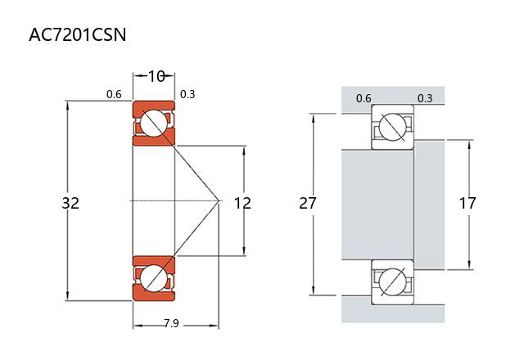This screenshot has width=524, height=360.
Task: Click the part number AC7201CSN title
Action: (77, 35)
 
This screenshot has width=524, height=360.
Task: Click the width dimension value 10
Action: (156, 77)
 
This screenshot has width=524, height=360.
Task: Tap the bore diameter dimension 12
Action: (242, 202)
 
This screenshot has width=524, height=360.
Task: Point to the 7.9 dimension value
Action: (171, 324)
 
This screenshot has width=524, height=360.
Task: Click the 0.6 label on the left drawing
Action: (114, 94)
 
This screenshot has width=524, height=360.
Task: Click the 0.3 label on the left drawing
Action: (187, 94)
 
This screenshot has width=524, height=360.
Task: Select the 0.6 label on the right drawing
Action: (364, 98)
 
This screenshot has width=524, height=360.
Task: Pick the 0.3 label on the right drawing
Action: (425, 98)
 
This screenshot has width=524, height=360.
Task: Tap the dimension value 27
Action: (308, 203)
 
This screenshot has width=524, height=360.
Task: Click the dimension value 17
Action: (468, 203)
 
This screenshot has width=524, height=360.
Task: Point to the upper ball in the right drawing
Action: (392, 128)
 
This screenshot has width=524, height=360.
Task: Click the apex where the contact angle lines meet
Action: (219, 200)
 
